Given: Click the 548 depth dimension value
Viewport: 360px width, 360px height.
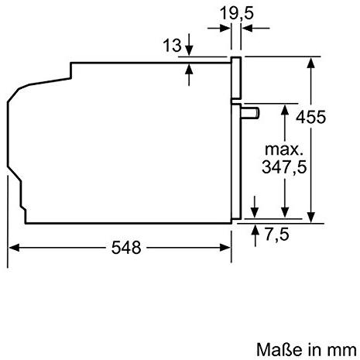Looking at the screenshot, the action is pyautogui.click(x=126, y=248).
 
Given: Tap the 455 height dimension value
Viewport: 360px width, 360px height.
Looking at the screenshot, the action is pyautogui.click(x=310, y=117).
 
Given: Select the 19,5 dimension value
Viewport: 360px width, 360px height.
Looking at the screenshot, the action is pyautogui.click(x=237, y=13).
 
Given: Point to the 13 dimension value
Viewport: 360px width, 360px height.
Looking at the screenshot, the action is pyautogui.click(x=172, y=46).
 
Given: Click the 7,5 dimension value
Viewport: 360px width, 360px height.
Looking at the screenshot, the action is pyautogui.click(x=277, y=235).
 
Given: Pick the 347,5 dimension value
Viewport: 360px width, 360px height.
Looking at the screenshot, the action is pyautogui.click(x=284, y=167).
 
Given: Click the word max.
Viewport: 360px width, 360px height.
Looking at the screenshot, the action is pyautogui.click(x=283, y=149).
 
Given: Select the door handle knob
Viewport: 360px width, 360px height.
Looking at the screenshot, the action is pyautogui.click(x=250, y=114).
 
